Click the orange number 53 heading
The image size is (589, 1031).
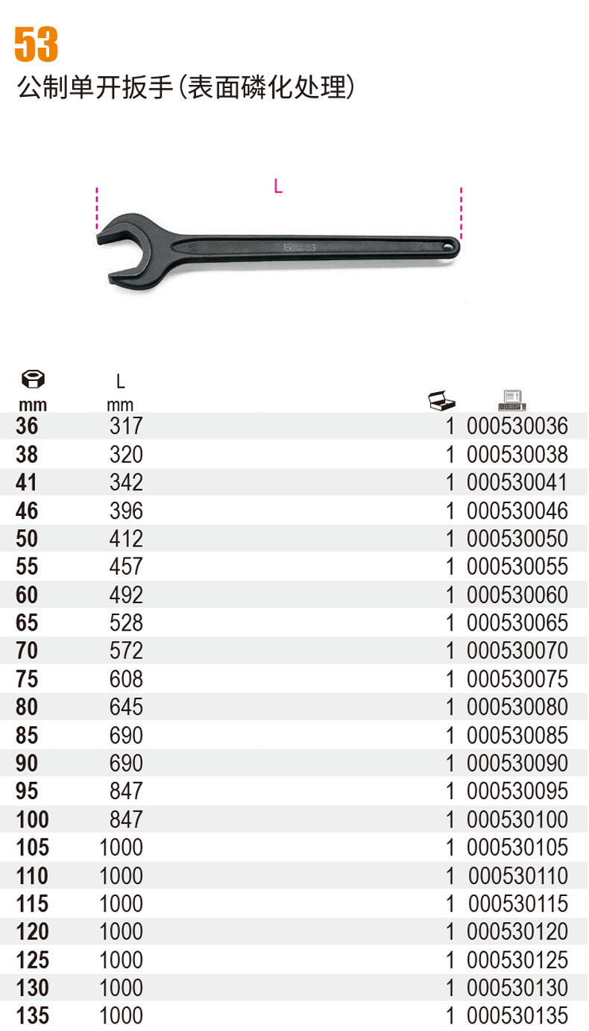37,44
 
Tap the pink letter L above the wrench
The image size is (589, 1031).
278,186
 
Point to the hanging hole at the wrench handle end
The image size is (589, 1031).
448,247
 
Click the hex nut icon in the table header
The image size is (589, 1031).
33,379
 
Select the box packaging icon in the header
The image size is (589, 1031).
441,400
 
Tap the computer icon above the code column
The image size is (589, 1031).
512,400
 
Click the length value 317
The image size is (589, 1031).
126,426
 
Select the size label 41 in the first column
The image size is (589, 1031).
26,482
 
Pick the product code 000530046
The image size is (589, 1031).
517,511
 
